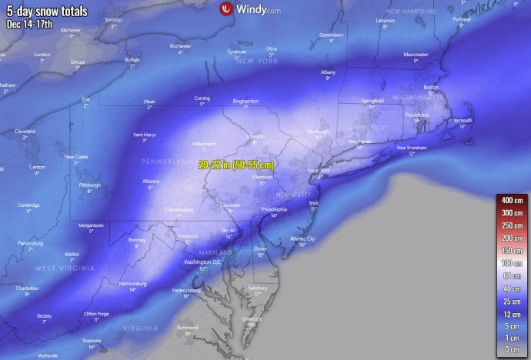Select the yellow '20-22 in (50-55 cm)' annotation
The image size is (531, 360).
235,165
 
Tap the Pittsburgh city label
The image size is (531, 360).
89,185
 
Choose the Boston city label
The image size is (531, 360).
431,87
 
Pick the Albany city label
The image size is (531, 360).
328,72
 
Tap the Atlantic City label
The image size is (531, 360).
302,238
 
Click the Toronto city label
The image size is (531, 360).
112,19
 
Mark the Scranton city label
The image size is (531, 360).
255,136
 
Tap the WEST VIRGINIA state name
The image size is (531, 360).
65,268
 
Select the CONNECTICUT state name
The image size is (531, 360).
368,127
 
